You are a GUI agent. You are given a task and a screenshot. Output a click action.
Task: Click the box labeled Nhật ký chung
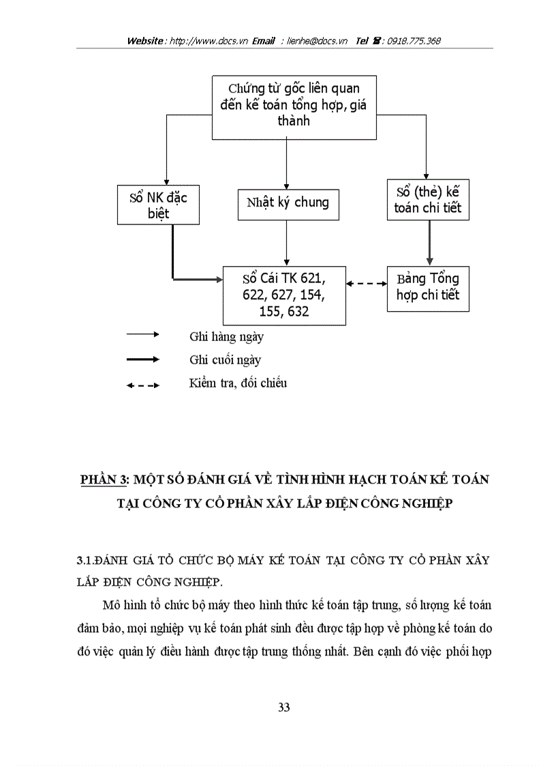point(287,202)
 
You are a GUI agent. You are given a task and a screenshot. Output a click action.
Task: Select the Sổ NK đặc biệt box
point(158,205)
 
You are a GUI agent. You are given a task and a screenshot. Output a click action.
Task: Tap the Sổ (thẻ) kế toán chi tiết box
point(428,199)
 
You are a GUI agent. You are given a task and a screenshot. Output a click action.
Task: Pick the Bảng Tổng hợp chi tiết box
point(428,286)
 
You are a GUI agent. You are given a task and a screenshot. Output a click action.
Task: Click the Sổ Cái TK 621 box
point(284,295)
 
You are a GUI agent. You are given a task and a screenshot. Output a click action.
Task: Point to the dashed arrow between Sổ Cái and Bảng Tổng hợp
point(366,282)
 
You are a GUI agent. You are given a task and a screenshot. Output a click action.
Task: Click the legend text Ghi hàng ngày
point(226,336)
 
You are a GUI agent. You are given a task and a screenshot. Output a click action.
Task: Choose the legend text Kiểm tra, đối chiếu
point(238,383)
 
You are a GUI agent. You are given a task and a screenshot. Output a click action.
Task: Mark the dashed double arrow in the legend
point(142,385)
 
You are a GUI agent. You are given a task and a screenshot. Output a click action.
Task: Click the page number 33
point(284,707)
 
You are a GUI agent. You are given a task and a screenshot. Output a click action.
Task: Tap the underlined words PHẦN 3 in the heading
point(102,480)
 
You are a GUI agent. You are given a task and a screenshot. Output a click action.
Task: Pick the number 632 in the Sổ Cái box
point(298,312)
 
